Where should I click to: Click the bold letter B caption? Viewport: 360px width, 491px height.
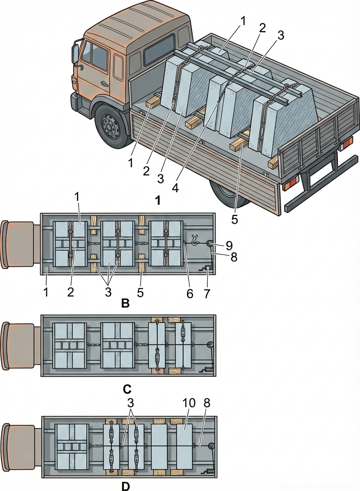[126, 303]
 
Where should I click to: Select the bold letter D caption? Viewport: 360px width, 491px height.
[126, 486]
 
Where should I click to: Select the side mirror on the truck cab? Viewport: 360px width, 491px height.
[75, 54]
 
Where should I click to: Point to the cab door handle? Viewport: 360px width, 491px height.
[103, 84]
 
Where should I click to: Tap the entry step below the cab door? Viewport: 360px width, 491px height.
[84, 111]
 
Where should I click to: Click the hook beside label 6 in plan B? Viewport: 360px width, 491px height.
[196, 239]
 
